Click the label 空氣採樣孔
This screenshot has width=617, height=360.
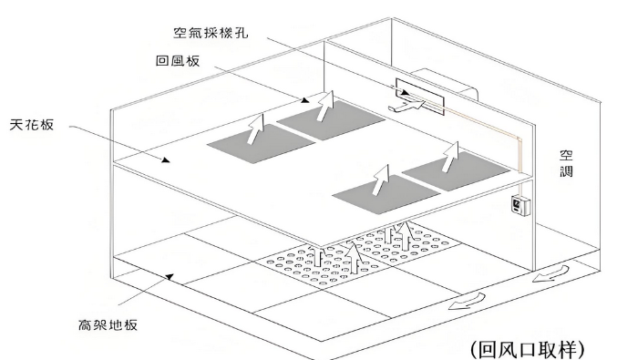click(211, 32)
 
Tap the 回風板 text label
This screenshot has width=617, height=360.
click(178, 60)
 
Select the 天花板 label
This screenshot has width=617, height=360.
click(32, 125)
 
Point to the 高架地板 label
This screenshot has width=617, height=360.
click(108, 325)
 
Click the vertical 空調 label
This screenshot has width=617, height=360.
click(566, 163)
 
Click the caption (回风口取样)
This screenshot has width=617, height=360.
click(528, 349)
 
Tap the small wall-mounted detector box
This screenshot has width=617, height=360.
click(520, 206)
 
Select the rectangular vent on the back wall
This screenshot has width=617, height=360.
click(420, 97)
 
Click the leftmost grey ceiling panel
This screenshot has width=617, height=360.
click(262, 144)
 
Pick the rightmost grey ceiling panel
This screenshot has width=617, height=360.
click(456, 171)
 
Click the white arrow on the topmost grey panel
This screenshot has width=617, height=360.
click(325, 106)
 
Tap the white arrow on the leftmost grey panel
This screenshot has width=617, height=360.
click(256, 129)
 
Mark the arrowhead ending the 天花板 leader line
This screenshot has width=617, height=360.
click(166, 159)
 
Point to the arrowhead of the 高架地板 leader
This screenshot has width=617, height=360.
click(170, 276)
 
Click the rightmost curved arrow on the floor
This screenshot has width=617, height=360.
click(551, 273)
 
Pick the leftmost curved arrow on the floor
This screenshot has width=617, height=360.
click(467, 301)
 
